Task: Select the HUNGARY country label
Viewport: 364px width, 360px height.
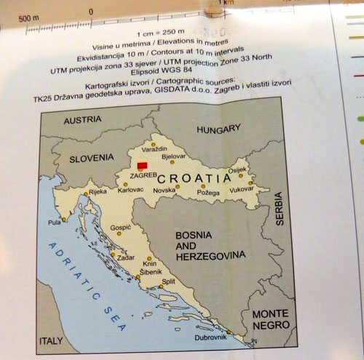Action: [218, 129]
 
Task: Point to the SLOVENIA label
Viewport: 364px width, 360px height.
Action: [92, 157]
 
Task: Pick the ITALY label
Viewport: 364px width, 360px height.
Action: [51, 339]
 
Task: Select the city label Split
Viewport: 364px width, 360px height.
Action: [169, 281]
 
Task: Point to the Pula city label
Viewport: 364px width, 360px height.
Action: [54, 222]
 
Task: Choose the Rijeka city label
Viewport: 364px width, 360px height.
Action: [98, 193]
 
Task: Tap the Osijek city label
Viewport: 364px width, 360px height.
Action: [238, 170]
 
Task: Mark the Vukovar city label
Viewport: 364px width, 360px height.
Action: [242, 188]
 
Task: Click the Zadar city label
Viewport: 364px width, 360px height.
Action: [125, 258]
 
